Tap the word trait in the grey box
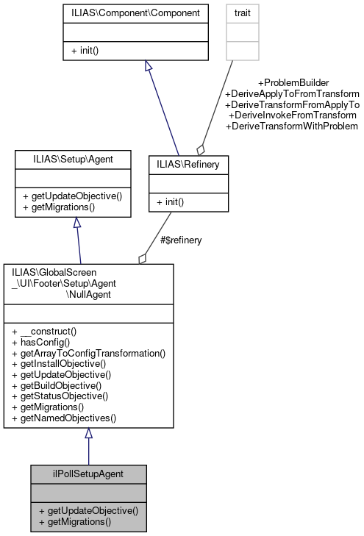(242, 13)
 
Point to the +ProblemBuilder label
(293, 82)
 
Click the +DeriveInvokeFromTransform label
(293, 115)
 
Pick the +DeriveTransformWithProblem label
(292, 126)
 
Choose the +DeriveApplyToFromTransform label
(292, 93)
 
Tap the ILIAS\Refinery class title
(188, 165)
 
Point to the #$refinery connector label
(181, 240)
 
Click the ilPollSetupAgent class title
(88, 474)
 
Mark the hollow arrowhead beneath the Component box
(149, 66)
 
